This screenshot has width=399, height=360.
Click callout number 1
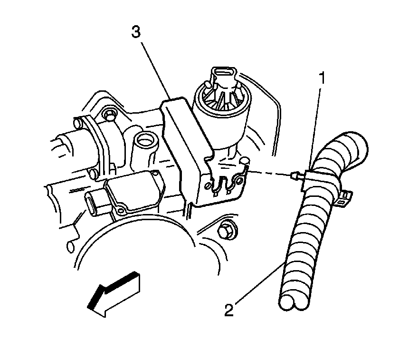coord(322,78)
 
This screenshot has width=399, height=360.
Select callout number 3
coord(136,32)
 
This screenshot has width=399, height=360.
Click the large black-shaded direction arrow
coord(114,294)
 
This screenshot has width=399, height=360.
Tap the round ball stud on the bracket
coord(245,161)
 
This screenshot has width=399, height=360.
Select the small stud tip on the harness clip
coord(294,176)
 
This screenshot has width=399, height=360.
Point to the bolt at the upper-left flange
coord(109,115)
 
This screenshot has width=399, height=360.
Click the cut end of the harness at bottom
coord(294,302)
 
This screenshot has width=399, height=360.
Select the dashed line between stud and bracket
coord(270,174)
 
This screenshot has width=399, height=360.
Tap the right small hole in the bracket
coord(239,181)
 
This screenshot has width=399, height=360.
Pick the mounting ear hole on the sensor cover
coord(120,210)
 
